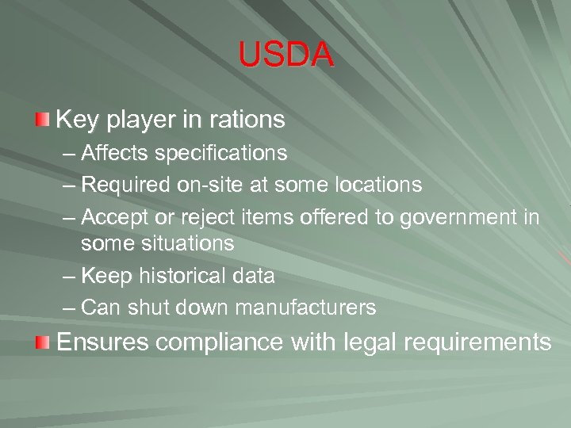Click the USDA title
(x=285, y=55)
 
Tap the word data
(x=251, y=276)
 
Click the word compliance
(x=219, y=342)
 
